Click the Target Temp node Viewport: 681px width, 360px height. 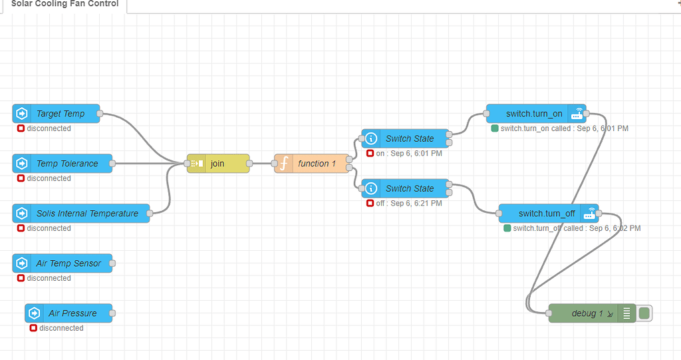tap(60, 114)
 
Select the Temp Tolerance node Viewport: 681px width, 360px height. tap(67, 164)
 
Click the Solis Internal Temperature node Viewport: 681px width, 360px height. tap(86, 214)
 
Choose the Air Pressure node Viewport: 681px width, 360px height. tap(72, 313)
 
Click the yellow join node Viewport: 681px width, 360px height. tap(217, 164)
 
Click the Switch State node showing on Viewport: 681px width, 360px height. tap(409, 139)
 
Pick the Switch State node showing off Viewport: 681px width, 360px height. tap(409, 189)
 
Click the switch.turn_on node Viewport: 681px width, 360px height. tap(533, 114)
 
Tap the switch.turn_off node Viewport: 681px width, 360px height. tap(547, 214)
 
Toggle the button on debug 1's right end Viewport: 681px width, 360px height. tap(644, 313)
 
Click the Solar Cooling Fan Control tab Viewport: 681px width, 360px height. tap(65, 4)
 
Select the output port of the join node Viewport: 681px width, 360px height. tap(249, 164)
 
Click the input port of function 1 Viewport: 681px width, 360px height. tap(274, 164)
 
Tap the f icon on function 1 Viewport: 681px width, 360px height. tap(283, 164)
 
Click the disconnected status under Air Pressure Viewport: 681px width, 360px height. tap(61, 328)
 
